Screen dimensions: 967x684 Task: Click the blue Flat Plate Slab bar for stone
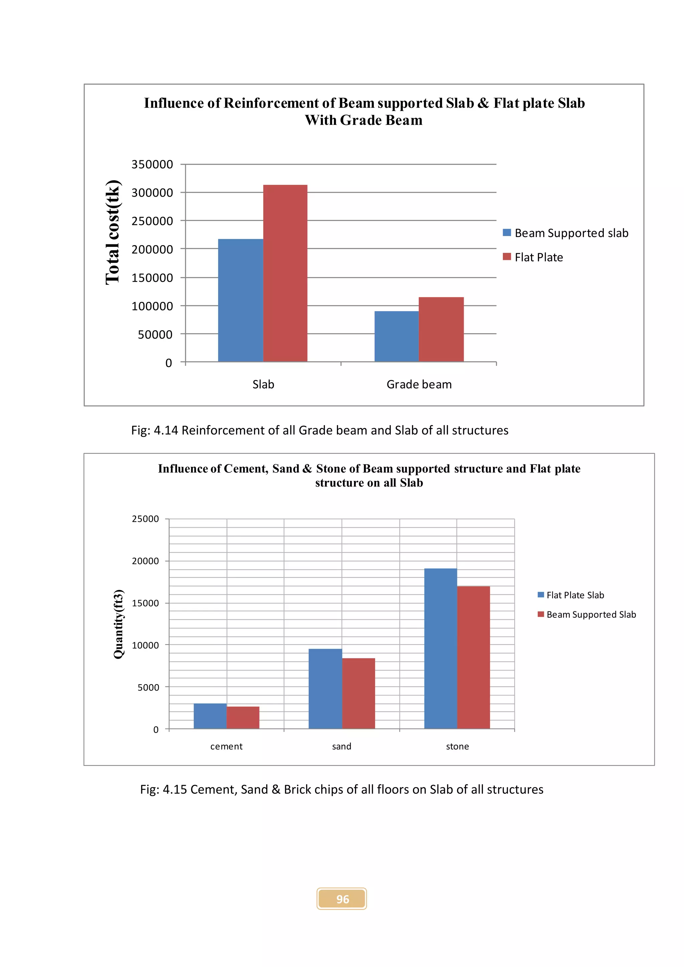click(x=441, y=648)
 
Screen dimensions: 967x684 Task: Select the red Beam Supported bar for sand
click(x=358, y=693)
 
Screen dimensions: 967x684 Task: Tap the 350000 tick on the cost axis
click(x=152, y=164)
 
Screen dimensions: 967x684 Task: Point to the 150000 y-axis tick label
click(x=152, y=278)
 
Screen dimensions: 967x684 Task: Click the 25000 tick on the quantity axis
click(x=145, y=519)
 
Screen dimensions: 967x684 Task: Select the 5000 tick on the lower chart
click(x=148, y=687)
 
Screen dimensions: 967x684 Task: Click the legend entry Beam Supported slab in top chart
click(x=571, y=233)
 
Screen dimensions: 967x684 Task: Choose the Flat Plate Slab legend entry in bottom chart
click(x=575, y=595)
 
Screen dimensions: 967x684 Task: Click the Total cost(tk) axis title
click(x=113, y=232)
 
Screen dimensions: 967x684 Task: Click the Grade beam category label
click(x=419, y=385)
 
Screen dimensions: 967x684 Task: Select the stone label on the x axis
click(x=458, y=746)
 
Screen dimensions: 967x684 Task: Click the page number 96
click(x=342, y=899)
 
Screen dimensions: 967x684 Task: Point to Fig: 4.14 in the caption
click(x=155, y=430)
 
